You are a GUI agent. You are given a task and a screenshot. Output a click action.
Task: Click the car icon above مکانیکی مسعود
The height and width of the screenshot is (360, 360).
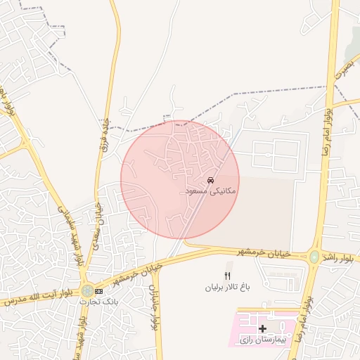pyautogui.click(x=210, y=181)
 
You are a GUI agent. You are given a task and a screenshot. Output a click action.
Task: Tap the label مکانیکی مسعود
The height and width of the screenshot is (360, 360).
pyautogui.click(x=209, y=191)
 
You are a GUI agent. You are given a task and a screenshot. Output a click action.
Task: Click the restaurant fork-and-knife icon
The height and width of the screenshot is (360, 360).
pyautogui.click(x=226, y=275)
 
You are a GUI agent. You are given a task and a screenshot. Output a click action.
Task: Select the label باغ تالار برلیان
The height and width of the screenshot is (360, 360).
pyautogui.click(x=227, y=288)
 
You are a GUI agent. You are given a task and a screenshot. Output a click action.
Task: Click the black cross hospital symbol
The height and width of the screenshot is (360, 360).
pyautogui.click(x=263, y=328)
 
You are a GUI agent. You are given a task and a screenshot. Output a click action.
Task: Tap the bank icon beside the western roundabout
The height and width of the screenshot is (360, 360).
pyautogui.click(x=98, y=290)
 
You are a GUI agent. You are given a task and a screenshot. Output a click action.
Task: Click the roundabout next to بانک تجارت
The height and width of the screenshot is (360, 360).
pyautogui.click(x=86, y=290)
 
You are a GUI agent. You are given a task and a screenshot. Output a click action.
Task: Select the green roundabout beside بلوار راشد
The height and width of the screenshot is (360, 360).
pyautogui.click(x=314, y=257)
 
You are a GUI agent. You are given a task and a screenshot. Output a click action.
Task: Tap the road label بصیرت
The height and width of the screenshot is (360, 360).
pyautogui.click(x=345, y=67)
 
